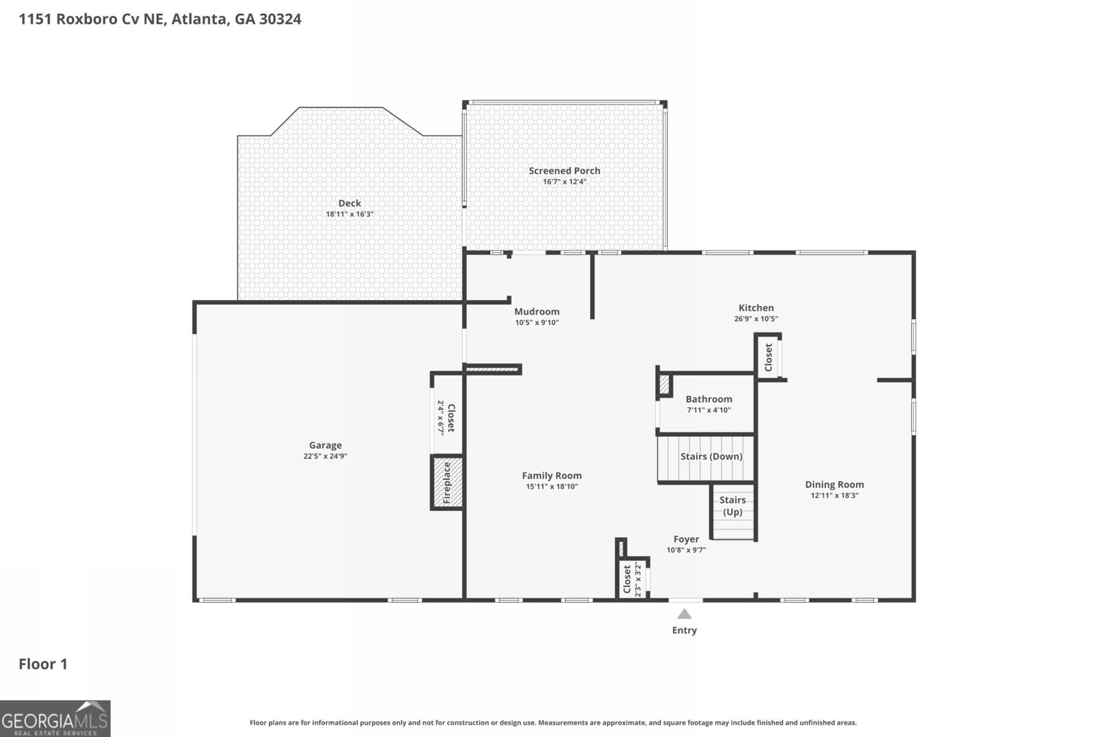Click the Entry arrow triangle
[684, 614]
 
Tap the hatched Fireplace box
[447, 483]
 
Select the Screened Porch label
[565, 171]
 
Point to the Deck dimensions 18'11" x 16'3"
[349, 214]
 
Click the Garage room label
[325, 445]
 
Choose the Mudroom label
[536, 312]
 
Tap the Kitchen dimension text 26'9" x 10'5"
[756, 319]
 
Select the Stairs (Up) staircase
[733, 512]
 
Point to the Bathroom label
[708, 399]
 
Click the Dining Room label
[834, 485]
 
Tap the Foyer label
[686, 539]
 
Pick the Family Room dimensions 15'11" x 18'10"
[551, 487]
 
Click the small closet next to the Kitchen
[768, 357]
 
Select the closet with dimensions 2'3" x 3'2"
[632, 579]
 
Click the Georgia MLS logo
[55, 718]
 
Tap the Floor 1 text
[43, 664]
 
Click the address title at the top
[160, 19]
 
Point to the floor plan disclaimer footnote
[553, 722]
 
